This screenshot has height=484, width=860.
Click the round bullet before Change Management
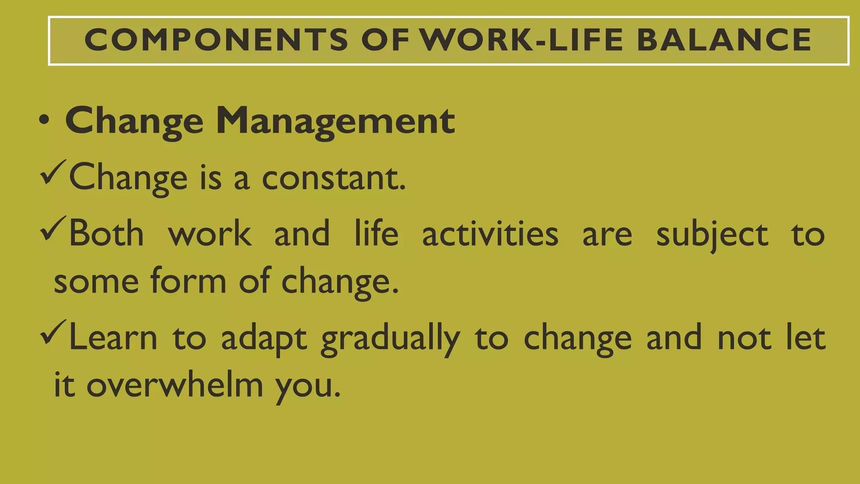44,121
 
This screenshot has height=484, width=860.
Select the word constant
333,178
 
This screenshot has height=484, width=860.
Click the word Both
106,233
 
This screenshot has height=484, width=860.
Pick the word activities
490,233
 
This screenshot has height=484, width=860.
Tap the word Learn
113,337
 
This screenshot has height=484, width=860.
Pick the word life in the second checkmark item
376,233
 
